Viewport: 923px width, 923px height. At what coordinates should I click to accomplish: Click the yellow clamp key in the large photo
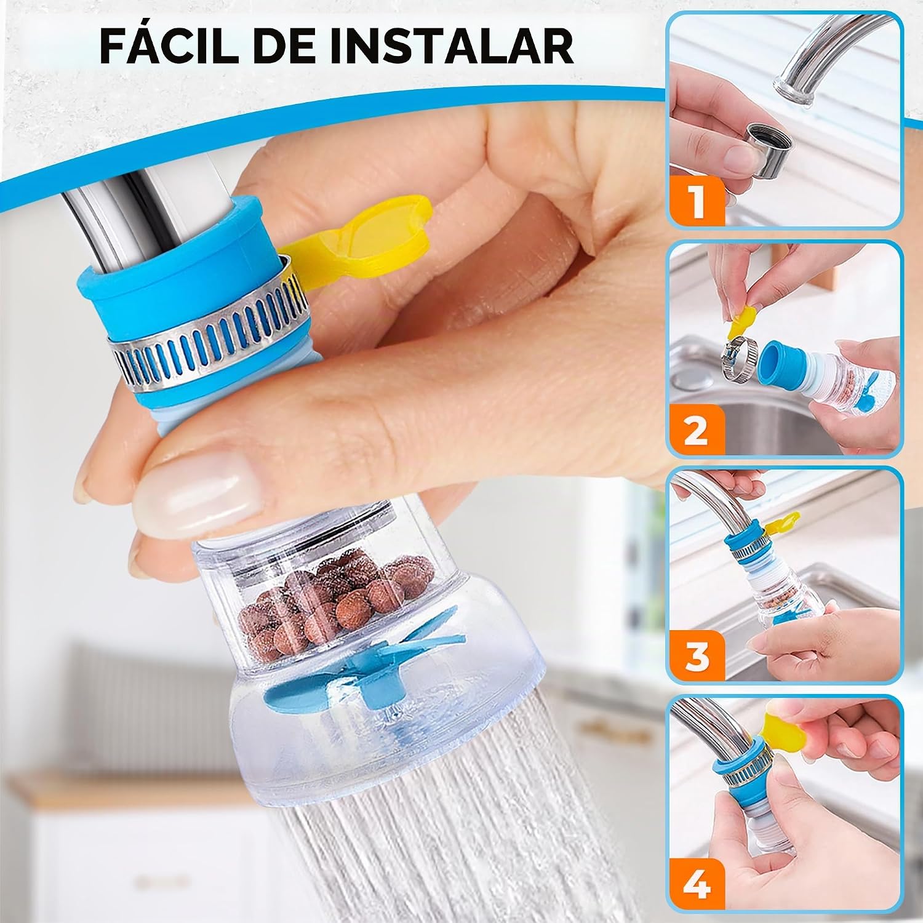(x=356, y=242)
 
